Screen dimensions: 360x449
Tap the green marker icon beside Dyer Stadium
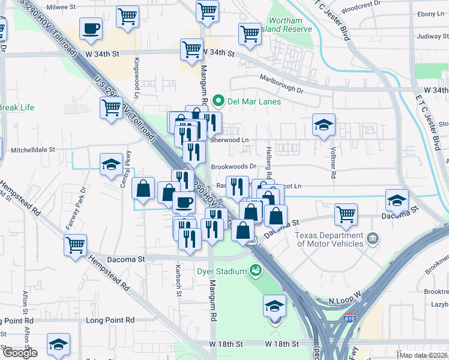pyautogui.click(x=256, y=271)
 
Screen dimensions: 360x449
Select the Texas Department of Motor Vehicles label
pyautogui.click(x=330, y=239)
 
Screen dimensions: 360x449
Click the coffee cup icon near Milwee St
pyautogui.click(x=91, y=29)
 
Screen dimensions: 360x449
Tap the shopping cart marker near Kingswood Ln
pyautogui.click(x=112, y=109)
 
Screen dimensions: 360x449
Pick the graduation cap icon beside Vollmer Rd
pyautogui.click(x=324, y=125)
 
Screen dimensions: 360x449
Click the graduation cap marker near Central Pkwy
pyautogui.click(x=111, y=165)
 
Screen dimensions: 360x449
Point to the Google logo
pyautogui.click(x=19, y=353)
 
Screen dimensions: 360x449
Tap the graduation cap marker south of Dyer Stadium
pyautogui.click(x=274, y=306)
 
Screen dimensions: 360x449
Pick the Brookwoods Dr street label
pyautogui.click(x=234, y=167)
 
